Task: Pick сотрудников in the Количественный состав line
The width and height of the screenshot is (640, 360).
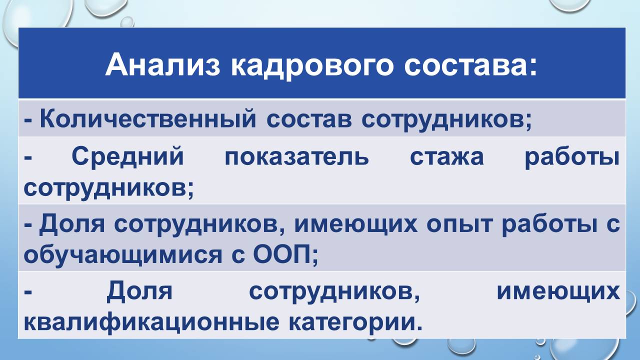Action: pos(446,119)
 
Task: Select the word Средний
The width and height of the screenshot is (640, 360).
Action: pos(127,157)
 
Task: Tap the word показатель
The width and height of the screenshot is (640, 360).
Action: pos(296,157)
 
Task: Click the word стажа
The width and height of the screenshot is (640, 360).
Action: pos(446,157)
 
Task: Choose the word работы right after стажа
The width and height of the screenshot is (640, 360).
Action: pos(572,157)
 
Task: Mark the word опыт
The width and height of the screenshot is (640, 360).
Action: pos(458,224)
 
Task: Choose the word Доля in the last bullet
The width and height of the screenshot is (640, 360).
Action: pos(139,292)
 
